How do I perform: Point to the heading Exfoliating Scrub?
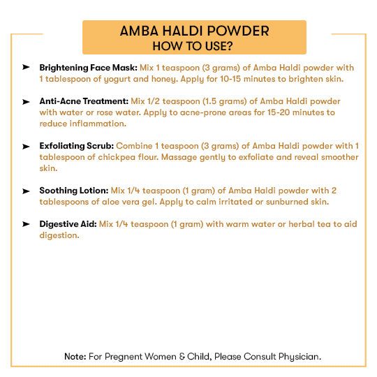[77, 146]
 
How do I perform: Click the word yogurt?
[120, 79]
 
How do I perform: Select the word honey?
[166, 79]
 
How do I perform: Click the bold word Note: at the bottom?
[75, 356]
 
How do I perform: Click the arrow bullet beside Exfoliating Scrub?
[26, 146]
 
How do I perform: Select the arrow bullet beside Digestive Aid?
[26, 224]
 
